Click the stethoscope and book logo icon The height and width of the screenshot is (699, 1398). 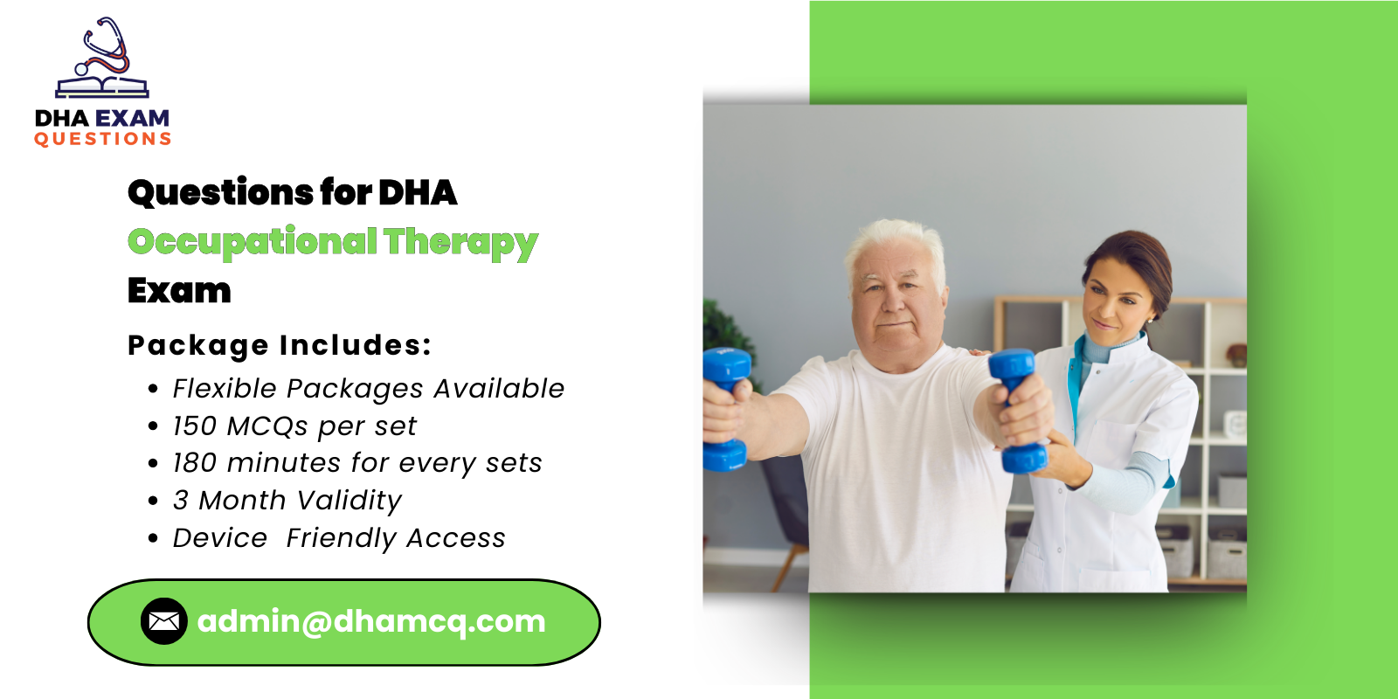(x=102, y=59)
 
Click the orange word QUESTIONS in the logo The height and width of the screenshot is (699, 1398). (x=102, y=139)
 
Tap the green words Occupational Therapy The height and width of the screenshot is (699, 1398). (x=332, y=242)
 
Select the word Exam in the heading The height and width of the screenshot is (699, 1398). (x=179, y=291)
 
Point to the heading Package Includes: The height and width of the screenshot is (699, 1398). (x=280, y=345)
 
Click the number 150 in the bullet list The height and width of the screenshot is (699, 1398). (x=194, y=426)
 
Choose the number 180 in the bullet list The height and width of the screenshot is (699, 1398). (x=194, y=463)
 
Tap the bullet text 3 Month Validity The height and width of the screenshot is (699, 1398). (x=287, y=501)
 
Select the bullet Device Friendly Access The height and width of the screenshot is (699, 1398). (x=339, y=538)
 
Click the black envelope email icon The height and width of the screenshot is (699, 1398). (x=163, y=621)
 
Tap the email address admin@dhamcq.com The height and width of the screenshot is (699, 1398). (x=371, y=621)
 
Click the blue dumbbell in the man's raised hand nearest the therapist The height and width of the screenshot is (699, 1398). (x=1017, y=411)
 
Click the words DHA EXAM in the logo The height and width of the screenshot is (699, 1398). (x=102, y=118)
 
